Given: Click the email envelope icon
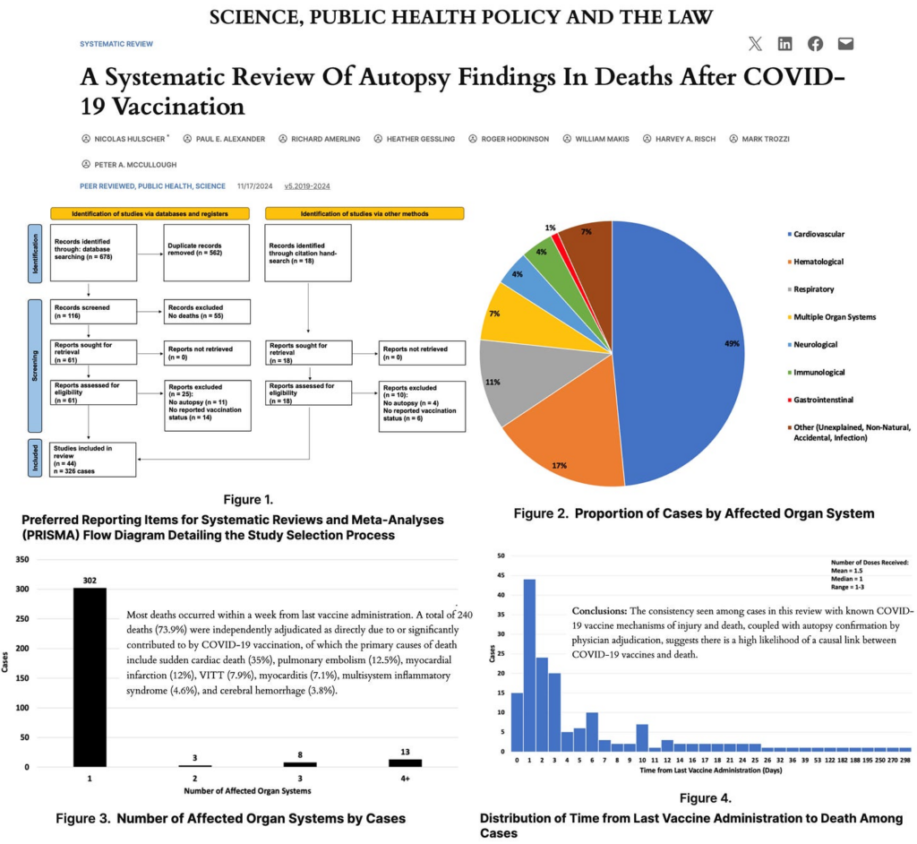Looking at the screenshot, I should [x=845, y=44].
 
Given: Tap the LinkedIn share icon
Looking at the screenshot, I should [x=785, y=44].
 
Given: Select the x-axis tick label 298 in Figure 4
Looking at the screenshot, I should [x=905, y=759].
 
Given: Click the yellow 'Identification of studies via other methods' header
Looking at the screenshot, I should [x=364, y=213].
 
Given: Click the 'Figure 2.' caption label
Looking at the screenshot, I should [x=541, y=513].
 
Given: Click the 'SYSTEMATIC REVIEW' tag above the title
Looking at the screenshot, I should [x=116, y=43].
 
